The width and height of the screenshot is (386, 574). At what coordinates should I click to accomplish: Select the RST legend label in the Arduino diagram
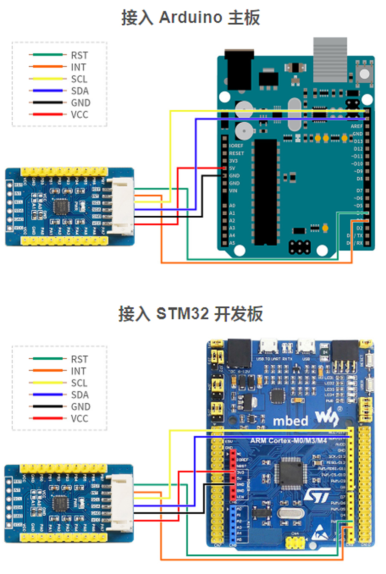point(79,55)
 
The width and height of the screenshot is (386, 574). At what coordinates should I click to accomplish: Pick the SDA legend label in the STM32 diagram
point(80,395)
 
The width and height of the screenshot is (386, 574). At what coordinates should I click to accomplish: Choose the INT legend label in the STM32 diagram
point(78,371)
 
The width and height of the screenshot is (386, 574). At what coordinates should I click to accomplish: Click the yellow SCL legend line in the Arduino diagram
point(47,79)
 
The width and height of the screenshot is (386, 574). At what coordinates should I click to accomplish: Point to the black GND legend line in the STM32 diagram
point(47,407)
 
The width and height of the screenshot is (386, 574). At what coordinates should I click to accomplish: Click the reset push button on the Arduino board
point(364,74)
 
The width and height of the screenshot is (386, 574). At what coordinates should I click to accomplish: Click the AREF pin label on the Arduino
point(356,127)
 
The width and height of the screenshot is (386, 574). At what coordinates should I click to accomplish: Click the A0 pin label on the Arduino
point(233,205)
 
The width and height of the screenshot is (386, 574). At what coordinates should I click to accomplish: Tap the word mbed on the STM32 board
point(290,421)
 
